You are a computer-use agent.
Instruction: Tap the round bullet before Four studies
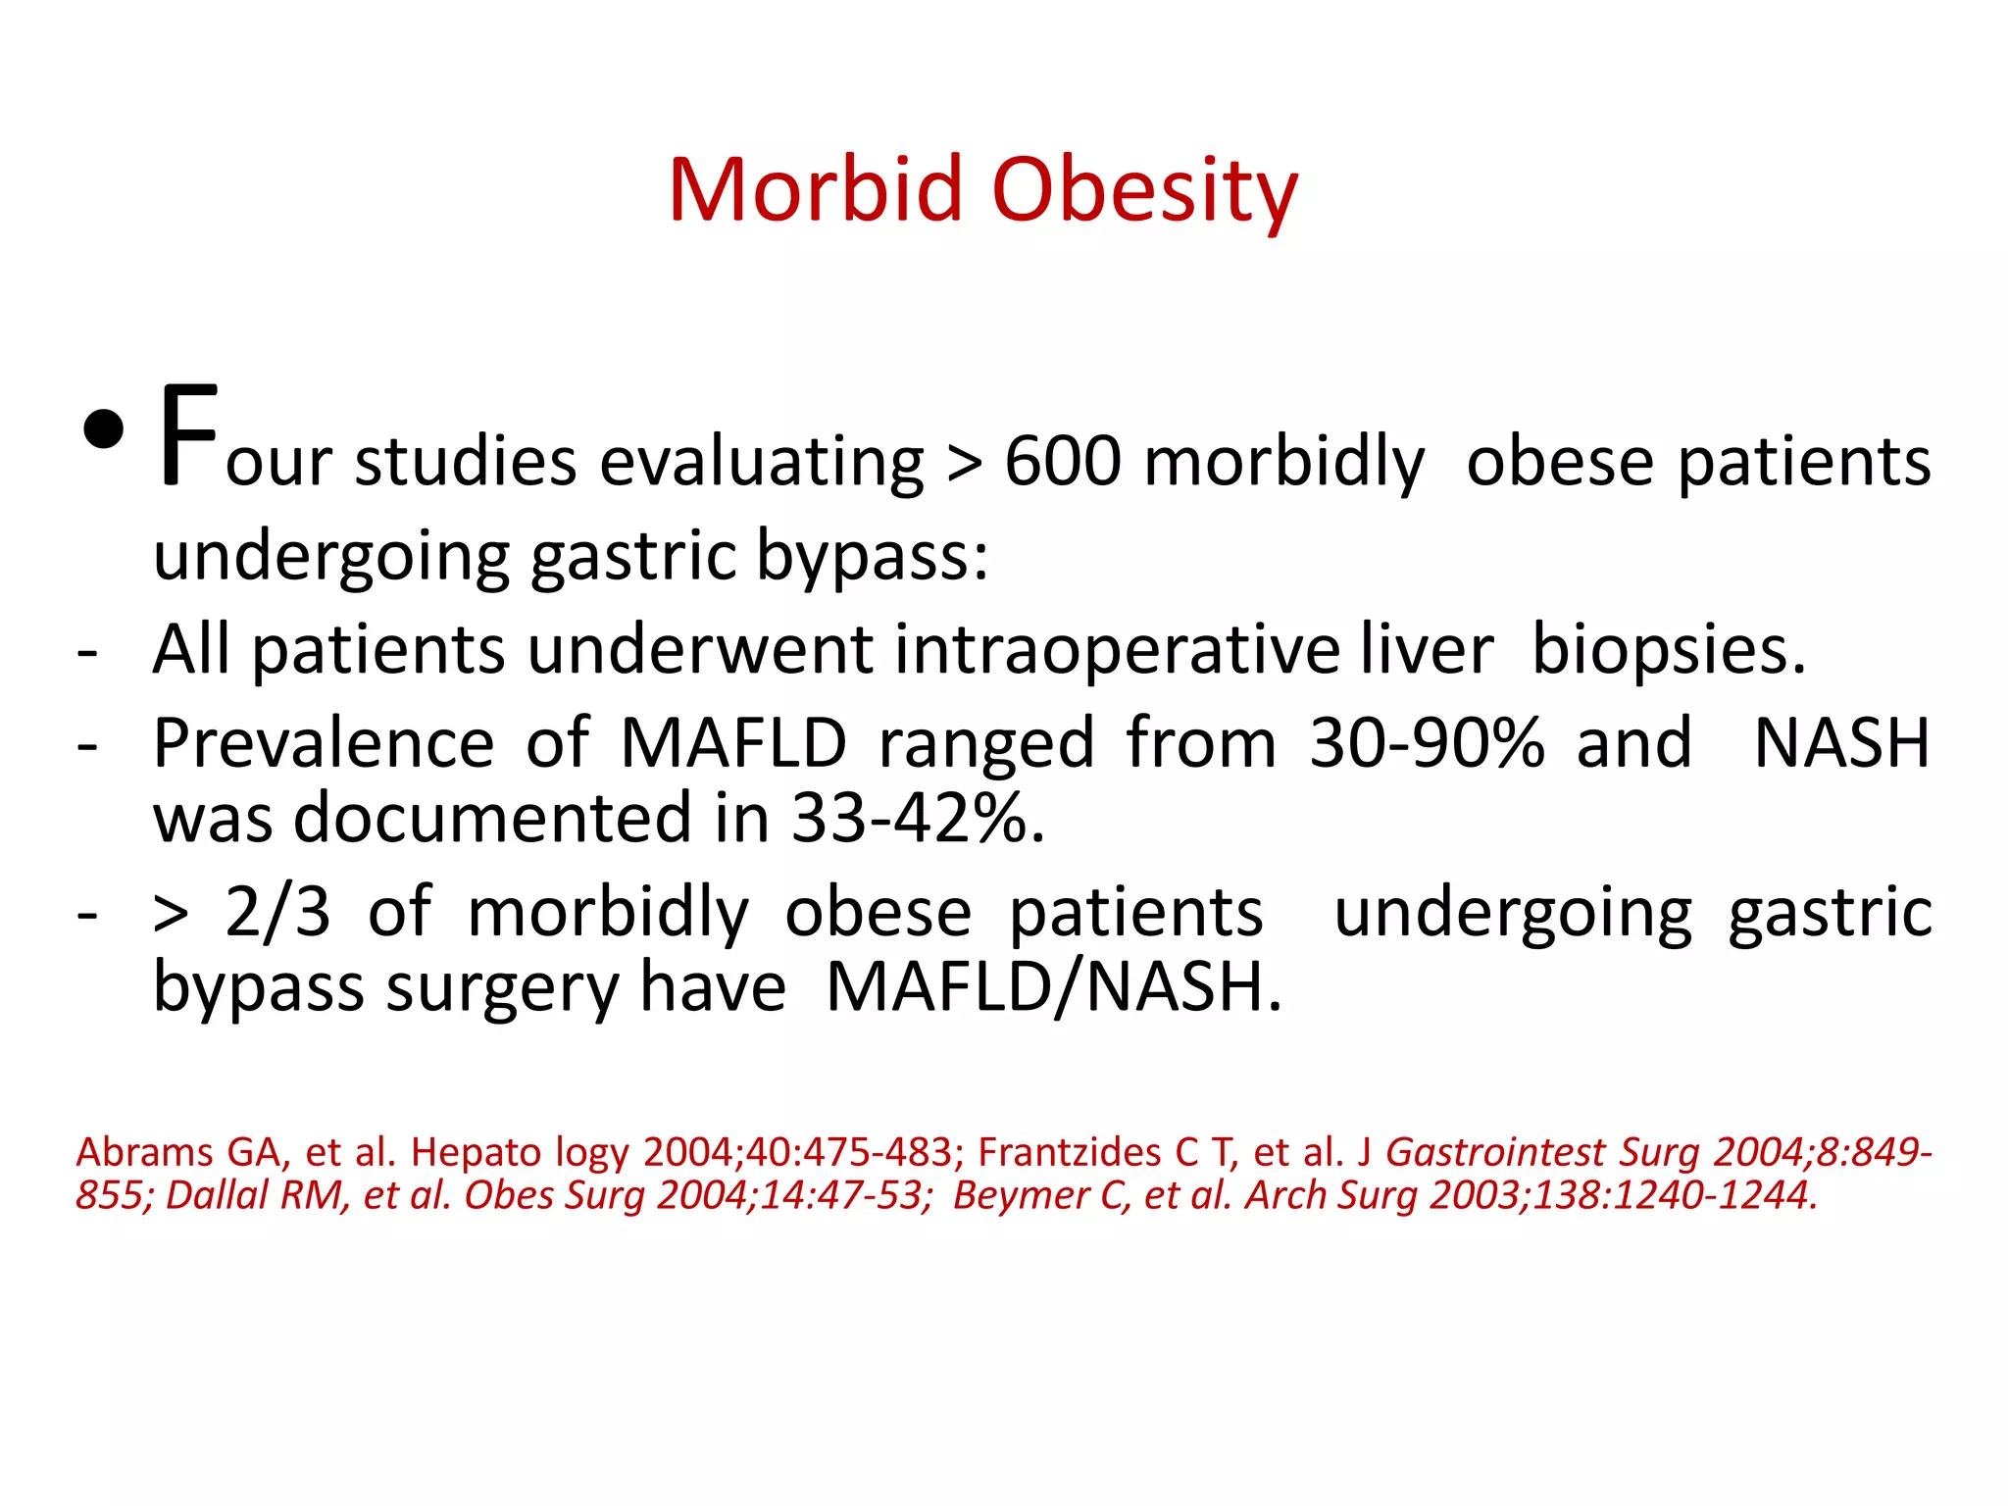(x=104, y=429)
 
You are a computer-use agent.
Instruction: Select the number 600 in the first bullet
(x=1063, y=461)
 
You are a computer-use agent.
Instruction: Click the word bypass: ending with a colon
(x=873, y=556)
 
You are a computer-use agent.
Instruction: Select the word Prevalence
(x=324, y=742)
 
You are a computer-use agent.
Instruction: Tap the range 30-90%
(x=1427, y=742)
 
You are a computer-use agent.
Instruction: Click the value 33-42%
(x=918, y=818)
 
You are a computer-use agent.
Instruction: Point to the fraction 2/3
(x=277, y=912)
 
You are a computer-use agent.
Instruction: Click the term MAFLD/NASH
(x=1053, y=987)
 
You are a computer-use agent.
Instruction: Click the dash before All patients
(x=88, y=651)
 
